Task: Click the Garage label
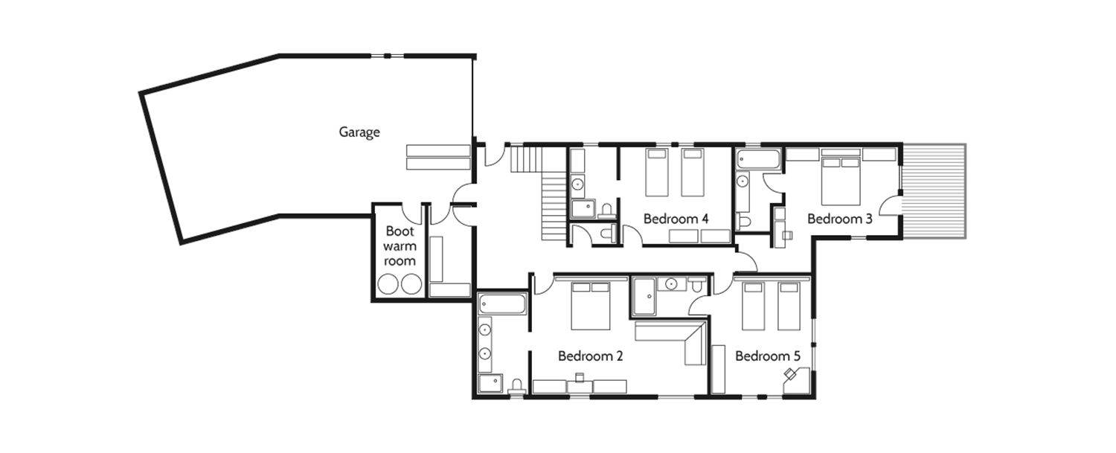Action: coord(359,132)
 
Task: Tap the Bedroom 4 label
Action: coord(676,219)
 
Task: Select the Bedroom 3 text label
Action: coord(839,219)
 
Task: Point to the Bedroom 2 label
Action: coord(591,356)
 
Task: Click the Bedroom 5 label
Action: coord(768,356)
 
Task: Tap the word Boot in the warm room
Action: coord(400,231)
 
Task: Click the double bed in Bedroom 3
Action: coord(841,181)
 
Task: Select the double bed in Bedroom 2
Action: coord(591,306)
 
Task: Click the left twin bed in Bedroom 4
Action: coord(657,173)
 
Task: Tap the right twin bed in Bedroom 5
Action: coord(789,306)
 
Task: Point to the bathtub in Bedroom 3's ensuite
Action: coord(758,159)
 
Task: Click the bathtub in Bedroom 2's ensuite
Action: coord(502,304)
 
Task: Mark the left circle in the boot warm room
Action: coord(388,284)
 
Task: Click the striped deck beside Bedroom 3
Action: coord(934,191)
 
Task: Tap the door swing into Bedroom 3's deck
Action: coord(890,205)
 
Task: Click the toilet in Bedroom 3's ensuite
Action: coord(744,222)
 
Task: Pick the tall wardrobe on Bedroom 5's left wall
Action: coord(718,369)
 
